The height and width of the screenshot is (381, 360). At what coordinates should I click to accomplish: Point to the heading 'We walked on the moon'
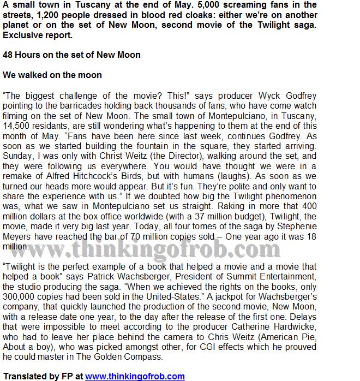pos(52,75)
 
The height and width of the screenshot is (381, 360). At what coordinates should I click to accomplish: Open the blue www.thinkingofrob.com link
pos(135,376)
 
